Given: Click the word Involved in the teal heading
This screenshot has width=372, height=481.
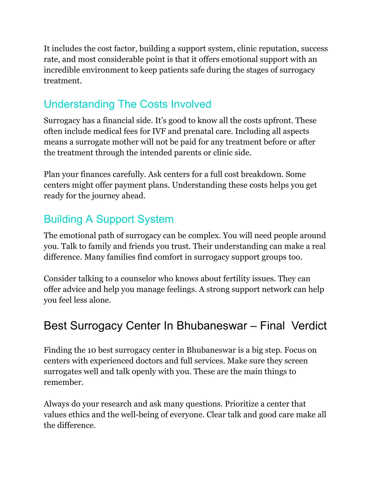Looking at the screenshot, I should coord(191,104).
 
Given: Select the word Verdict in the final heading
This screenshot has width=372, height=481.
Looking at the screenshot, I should coord(309,326).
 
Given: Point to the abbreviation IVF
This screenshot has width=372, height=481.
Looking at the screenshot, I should coord(159,131).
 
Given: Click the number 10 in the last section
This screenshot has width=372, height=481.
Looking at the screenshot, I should coord(92,350).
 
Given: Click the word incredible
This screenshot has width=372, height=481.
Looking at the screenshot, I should coord(61,70).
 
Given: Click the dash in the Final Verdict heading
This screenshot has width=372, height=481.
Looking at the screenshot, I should coord(254,326).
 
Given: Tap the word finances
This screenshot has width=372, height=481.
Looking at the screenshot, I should coord(95,174).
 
